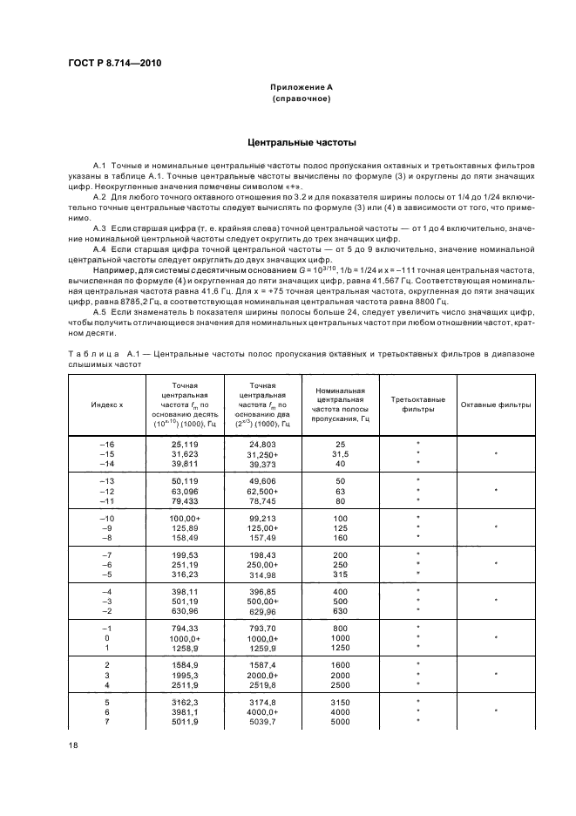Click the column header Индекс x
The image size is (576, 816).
pyautogui.click(x=108, y=405)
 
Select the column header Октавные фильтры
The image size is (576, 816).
pyautogui.click(x=496, y=405)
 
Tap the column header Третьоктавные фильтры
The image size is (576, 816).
pyautogui.click(x=417, y=405)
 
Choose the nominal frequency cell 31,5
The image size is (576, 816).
pyautogui.click(x=341, y=454)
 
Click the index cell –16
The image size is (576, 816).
pyautogui.click(x=108, y=444)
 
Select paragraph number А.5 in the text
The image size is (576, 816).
pyautogui.click(x=99, y=310)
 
